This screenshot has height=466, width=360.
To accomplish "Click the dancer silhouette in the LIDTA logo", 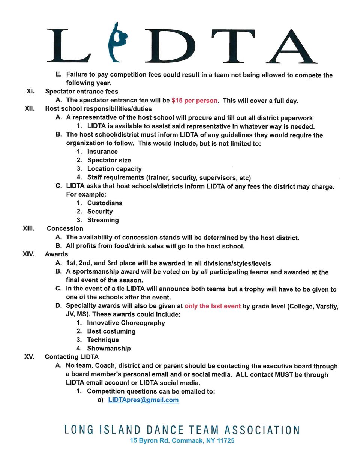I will click(x=117, y=43).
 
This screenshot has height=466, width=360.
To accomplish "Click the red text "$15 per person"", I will click(x=194, y=101).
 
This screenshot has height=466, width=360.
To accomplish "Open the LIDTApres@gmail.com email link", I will click(x=143, y=400).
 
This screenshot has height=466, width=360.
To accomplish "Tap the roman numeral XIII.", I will click(x=28, y=228).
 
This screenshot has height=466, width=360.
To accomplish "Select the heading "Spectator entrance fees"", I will click(x=81, y=92).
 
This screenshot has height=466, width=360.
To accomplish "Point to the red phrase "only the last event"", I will click(x=212, y=306).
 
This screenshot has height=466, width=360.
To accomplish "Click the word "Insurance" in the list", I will click(x=102, y=152).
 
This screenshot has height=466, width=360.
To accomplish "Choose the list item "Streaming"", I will click(x=103, y=220).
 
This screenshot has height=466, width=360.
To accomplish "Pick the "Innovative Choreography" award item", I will click(x=126, y=323).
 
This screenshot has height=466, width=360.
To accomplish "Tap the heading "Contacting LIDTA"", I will click(x=72, y=357).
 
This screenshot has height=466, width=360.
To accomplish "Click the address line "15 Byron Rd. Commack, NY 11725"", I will click(x=182, y=440).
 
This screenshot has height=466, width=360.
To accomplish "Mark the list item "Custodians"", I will click(x=105, y=203).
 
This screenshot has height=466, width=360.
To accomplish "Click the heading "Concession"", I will click(x=65, y=228).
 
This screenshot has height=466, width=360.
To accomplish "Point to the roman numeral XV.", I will click(x=29, y=357).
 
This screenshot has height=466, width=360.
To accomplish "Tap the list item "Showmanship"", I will click(x=109, y=349).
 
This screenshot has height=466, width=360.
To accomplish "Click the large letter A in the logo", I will click(x=291, y=47).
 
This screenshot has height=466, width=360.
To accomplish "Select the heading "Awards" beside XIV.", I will click(x=56, y=254).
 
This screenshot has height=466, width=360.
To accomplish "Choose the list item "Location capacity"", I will click(x=114, y=169).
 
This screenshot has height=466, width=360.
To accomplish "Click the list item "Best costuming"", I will click(x=111, y=331).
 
